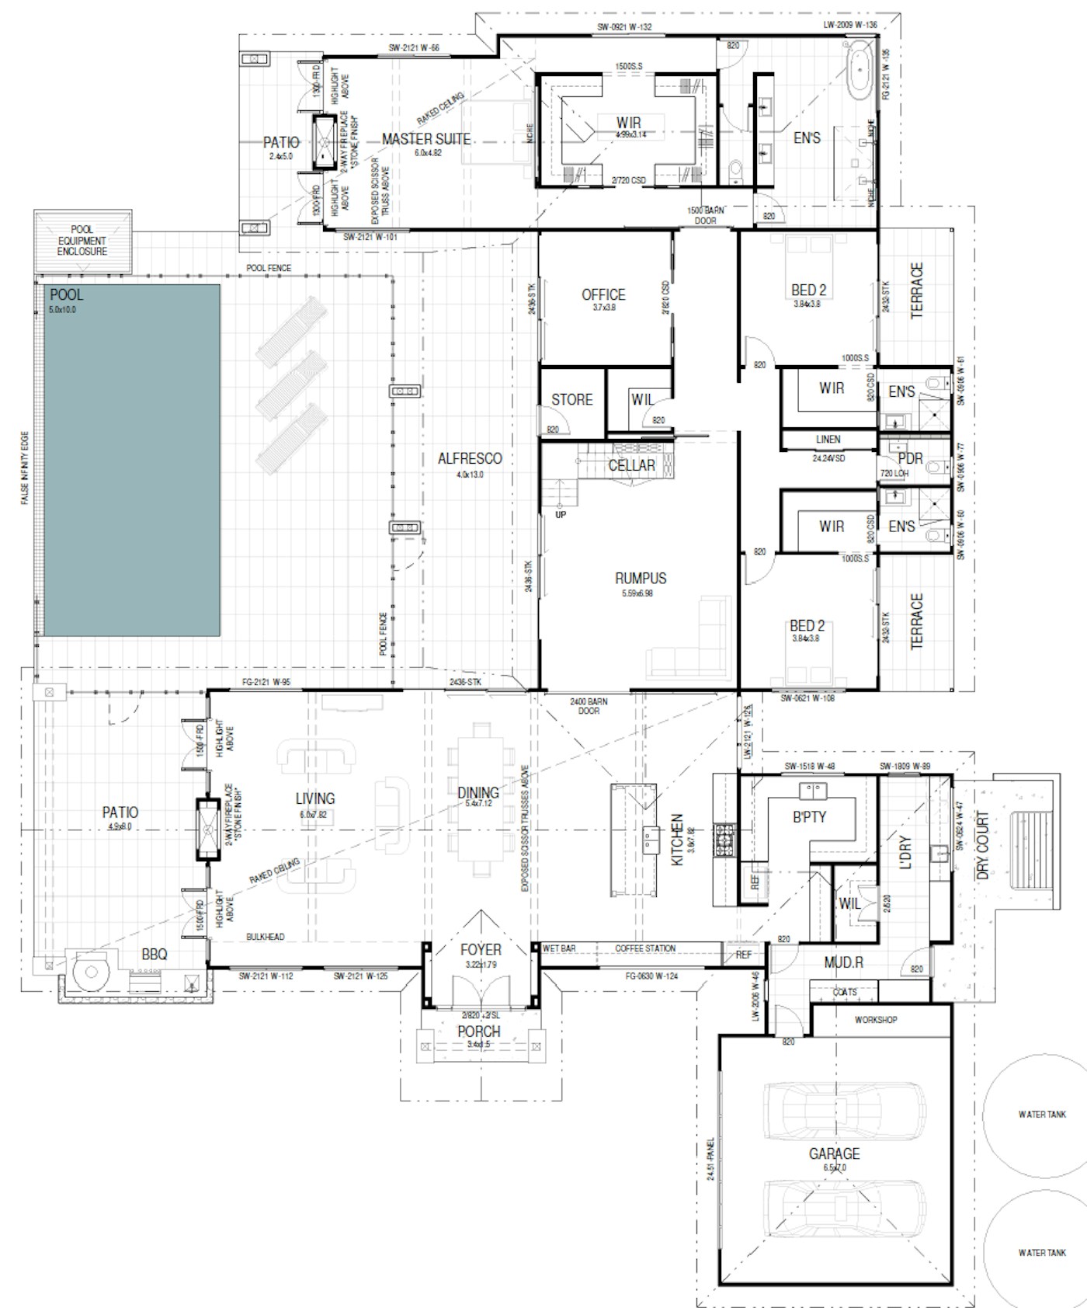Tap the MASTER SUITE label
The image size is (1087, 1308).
tap(425, 139)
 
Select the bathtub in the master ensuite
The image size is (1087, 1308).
tap(859, 71)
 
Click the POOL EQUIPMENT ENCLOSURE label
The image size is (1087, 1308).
tap(82, 241)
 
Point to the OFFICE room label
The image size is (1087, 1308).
tap(603, 294)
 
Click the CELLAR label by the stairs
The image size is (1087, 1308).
tap(631, 465)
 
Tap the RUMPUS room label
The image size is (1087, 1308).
tap(641, 578)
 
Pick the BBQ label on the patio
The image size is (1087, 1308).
tap(155, 954)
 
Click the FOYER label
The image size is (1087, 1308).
tap(481, 949)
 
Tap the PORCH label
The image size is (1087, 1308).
tap(479, 1031)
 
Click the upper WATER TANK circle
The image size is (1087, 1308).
tap(1041, 1115)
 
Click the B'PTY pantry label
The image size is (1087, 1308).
tap(809, 816)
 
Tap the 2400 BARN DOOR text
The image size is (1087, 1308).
tap(589, 706)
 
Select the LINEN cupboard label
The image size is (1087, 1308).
tap(828, 439)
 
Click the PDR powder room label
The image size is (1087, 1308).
tap(909, 458)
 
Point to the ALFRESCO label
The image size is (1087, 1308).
tap(470, 458)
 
